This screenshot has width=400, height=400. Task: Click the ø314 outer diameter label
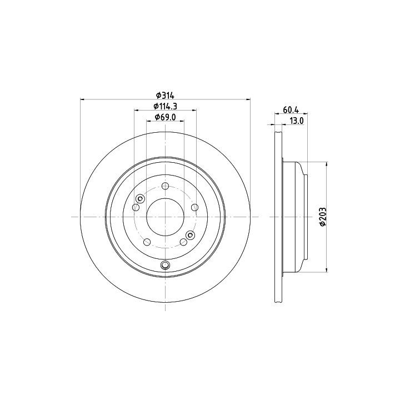(165, 96)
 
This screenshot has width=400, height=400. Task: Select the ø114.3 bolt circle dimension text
(165, 106)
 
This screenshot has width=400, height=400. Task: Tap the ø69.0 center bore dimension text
(166, 117)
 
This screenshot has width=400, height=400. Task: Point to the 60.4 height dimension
(291, 109)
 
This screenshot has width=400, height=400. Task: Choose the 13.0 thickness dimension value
(297, 121)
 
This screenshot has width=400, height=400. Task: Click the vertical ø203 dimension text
(323, 217)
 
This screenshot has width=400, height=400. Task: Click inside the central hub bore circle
(166, 217)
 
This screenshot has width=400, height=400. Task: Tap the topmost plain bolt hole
(166, 186)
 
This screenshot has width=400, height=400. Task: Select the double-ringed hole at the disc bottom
(165, 266)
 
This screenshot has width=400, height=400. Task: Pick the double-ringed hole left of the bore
(140, 198)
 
